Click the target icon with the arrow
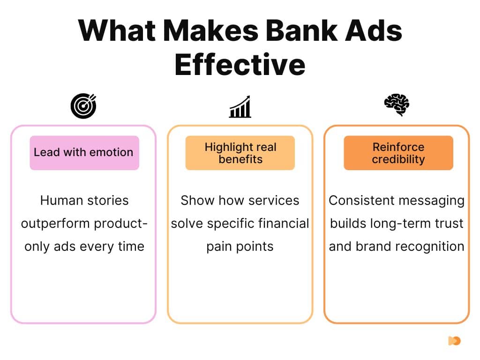83,106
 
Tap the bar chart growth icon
240,107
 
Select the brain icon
397,105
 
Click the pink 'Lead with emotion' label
84,152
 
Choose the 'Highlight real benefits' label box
240,153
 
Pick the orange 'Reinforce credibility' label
398,153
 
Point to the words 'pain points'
240,247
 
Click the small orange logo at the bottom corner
454,341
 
